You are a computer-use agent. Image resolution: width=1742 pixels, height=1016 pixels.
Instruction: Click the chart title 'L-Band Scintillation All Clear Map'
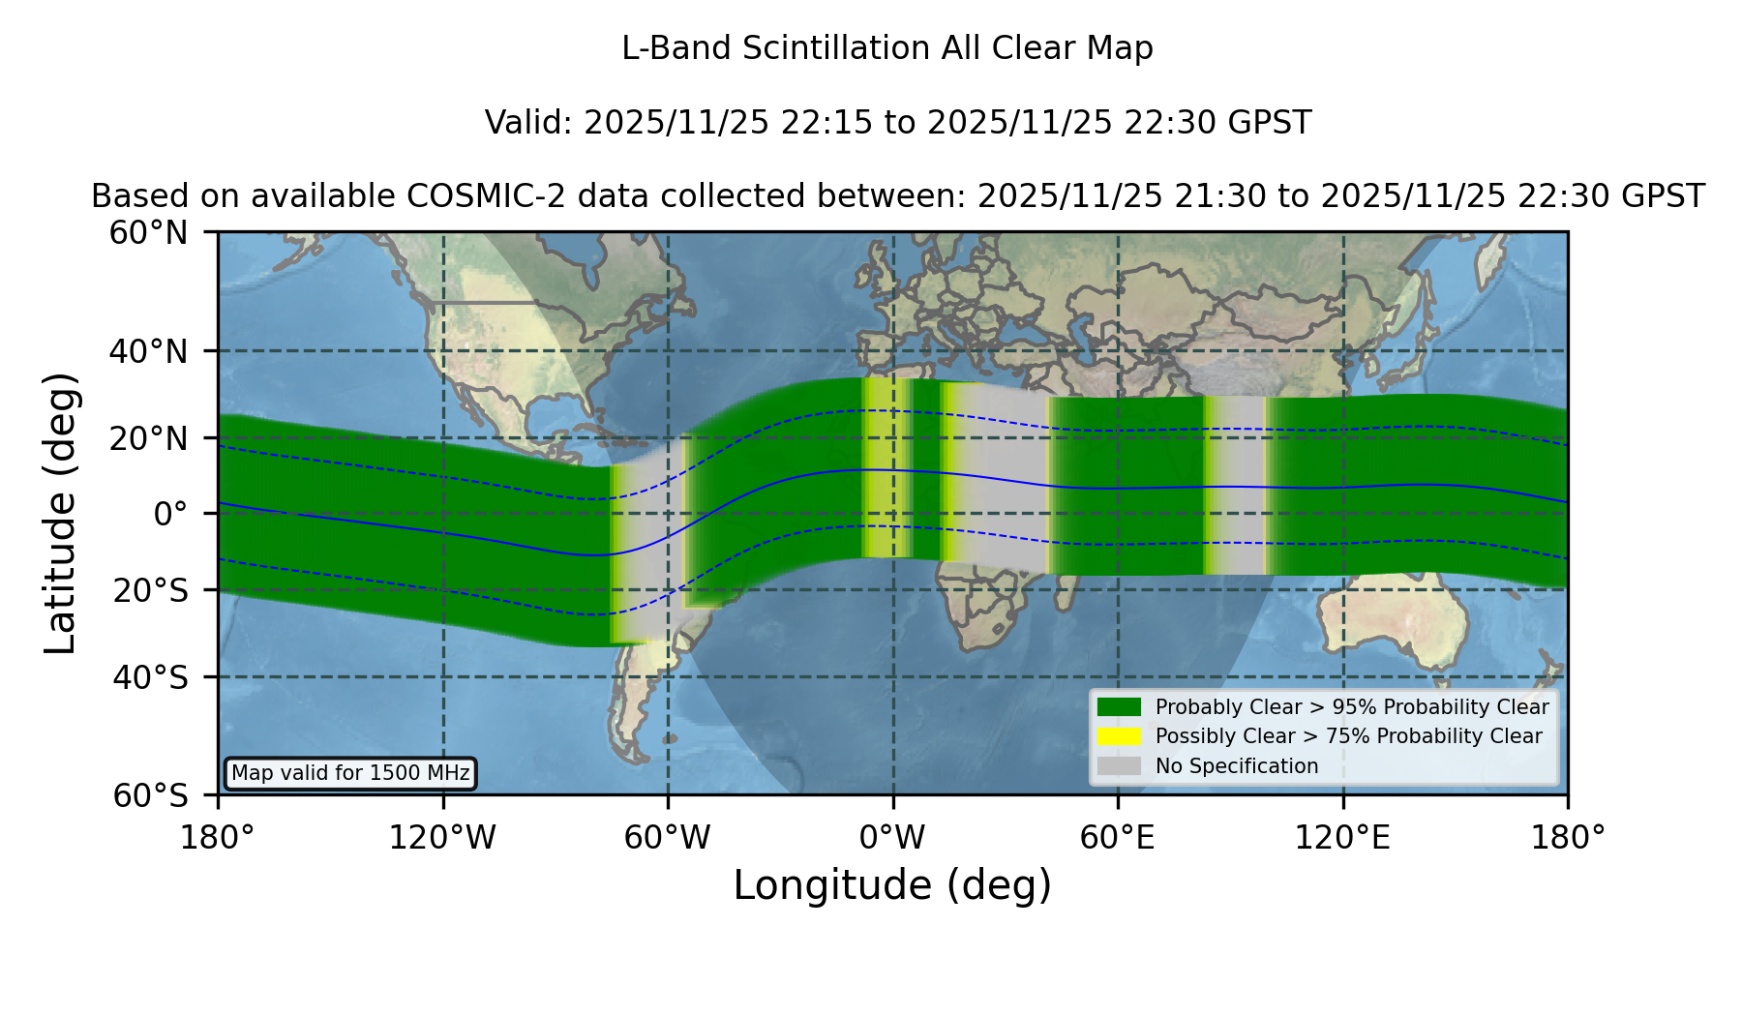pyautogui.click(x=886, y=48)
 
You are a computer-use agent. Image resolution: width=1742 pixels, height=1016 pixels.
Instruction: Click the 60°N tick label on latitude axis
pyautogui.click(x=149, y=232)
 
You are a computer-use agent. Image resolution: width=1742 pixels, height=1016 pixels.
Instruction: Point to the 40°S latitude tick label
pyautogui.click(x=151, y=677)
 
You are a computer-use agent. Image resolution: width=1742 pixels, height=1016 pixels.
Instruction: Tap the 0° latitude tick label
pyautogui.click(x=171, y=513)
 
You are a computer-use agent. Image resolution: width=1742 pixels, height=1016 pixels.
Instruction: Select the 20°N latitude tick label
pyautogui.click(x=149, y=437)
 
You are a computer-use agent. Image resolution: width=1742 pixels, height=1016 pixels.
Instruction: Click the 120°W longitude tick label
pyautogui.click(x=442, y=838)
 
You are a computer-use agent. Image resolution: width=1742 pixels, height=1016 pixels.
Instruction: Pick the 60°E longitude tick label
pyautogui.click(x=1118, y=838)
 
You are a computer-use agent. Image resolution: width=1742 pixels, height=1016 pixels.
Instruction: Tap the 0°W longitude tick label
pyautogui.click(x=893, y=838)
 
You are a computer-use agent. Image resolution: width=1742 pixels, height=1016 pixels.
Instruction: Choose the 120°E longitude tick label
pyautogui.click(x=1343, y=838)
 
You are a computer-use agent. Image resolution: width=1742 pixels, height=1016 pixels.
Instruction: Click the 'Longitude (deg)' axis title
pyautogui.click(x=892, y=885)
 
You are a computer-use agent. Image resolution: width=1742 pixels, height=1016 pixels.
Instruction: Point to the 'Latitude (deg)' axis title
pyautogui.click(x=61, y=513)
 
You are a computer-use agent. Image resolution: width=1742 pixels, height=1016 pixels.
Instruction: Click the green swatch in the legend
pyautogui.click(x=1119, y=706)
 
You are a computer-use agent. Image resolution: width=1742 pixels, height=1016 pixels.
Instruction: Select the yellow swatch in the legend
pyautogui.click(x=1119, y=735)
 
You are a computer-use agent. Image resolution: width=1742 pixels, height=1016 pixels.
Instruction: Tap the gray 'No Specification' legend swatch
pyautogui.click(x=1119, y=765)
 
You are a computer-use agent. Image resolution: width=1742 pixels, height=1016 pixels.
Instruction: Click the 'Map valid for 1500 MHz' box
pyautogui.click(x=350, y=773)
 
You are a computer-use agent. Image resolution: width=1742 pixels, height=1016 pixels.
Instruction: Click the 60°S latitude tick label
pyautogui.click(x=151, y=795)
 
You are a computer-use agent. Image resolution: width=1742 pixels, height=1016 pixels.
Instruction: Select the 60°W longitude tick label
pyautogui.click(x=668, y=838)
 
